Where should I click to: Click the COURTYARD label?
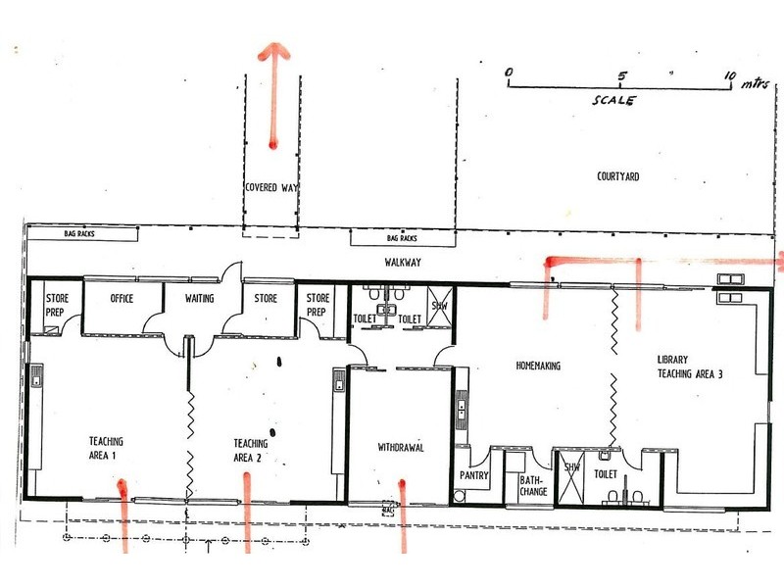click(x=618, y=176)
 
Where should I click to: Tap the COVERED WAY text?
click(x=271, y=187)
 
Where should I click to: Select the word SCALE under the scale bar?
click(x=614, y=100)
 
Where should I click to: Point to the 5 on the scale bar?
click(x=621, y=76)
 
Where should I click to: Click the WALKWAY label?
click(x=403, y=262)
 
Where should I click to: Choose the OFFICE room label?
click(x=122, y=299)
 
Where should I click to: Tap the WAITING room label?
click(x=200, y=299)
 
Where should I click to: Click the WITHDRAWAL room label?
click(x=401, y=447)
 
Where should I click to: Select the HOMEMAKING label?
click(x=538, y=366)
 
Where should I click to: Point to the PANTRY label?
click(x=474, y=475)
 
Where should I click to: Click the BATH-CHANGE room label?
click(x=533, y=485)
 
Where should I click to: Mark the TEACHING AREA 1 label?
click(x=106, y=448)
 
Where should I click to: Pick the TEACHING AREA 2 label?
click(x=251, y=450)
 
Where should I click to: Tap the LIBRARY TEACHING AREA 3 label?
click(x=690, y=367)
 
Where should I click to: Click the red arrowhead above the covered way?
click(x=273, y=51)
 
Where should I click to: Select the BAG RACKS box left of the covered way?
click(x=82, y=233)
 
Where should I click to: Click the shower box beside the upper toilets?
click(x=440, y=306)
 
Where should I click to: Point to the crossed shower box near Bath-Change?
click(x=571, y=477)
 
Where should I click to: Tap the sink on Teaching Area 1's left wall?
click(x=36, y=375)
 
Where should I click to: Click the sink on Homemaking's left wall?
click(x=462, y=409)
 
